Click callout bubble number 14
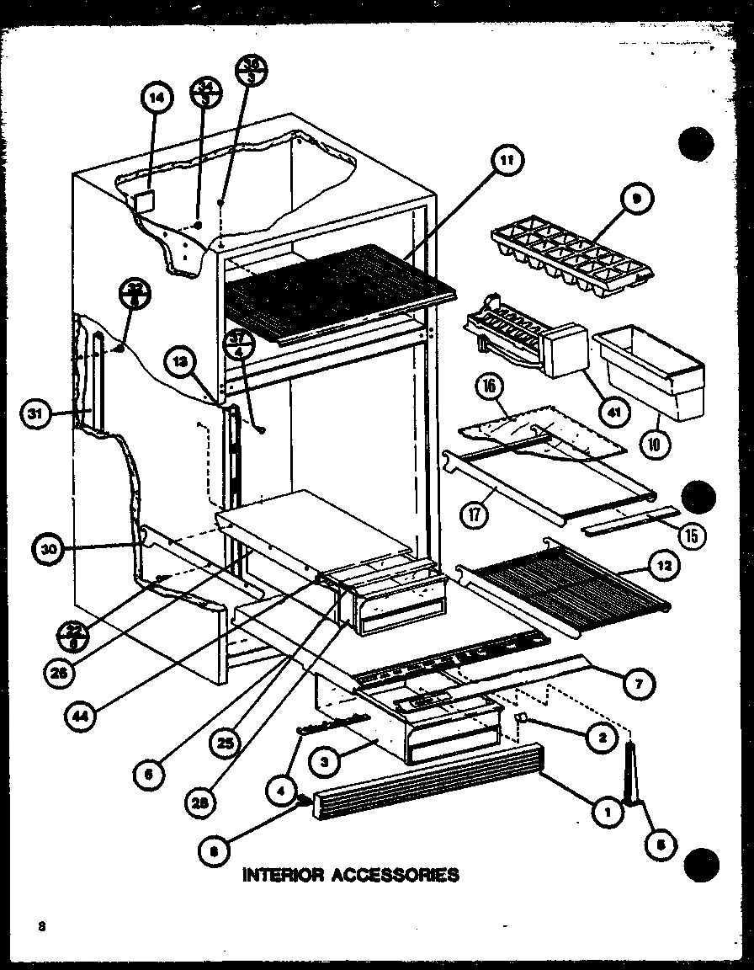tap(155, 98)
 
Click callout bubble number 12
tap(664, 567)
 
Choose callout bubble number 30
tap(50, 550)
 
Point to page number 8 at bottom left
tap(41, 927)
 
